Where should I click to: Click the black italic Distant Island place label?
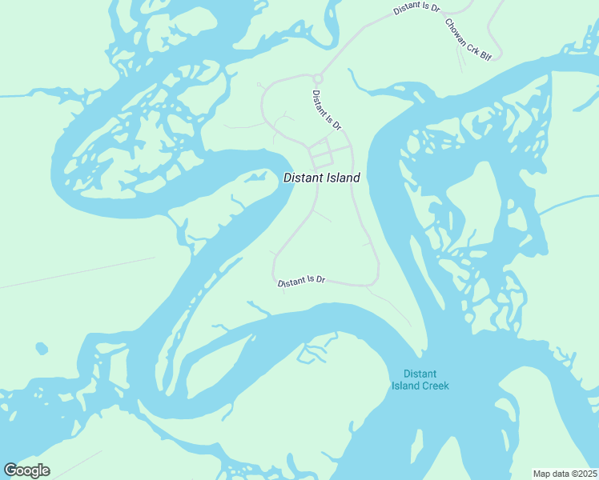click(322, 178)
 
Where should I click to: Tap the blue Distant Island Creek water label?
click(420, 379)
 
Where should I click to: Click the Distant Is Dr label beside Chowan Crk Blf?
click(416, 9)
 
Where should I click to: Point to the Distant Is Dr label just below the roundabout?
click(327, 110)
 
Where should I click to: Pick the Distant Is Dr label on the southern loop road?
click(301, 281)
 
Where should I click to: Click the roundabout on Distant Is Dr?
click(317, 78)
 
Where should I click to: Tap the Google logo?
click(26, 470)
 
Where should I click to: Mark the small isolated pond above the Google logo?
click(41, 349)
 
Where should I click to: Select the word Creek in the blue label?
click(436, 386)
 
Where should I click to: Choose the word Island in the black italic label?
click(344, 178)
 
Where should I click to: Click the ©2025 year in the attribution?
click(585, 474)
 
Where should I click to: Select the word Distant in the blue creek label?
click(420, 374)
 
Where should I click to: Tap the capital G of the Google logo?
click(11, 470)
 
